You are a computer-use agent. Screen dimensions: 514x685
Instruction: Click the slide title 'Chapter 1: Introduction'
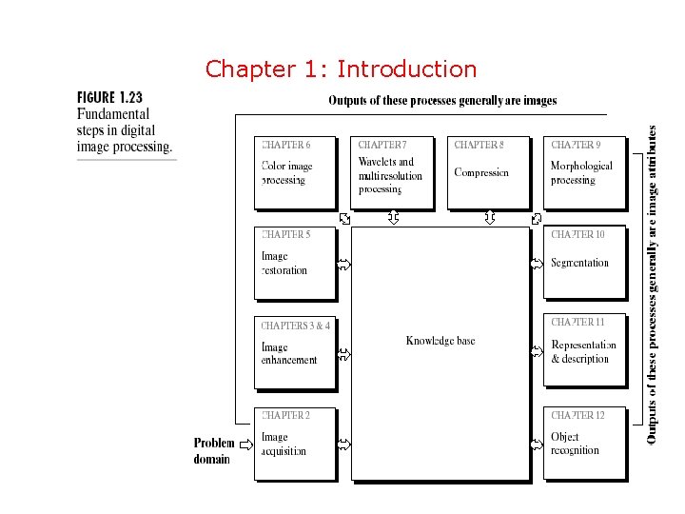click(341, 69)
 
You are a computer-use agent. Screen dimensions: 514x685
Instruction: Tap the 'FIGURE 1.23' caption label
click(109, 97)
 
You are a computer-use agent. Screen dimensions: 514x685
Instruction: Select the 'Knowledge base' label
click(440, 341)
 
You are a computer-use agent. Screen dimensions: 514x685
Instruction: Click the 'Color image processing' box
click(295, 172)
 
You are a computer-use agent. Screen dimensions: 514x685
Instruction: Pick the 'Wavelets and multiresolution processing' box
click(391, 172)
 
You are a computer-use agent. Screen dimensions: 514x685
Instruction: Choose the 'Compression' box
click(488, 172)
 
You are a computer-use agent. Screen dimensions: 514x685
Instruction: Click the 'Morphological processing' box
click(585, 172)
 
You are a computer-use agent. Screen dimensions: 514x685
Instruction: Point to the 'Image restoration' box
click(295, 263)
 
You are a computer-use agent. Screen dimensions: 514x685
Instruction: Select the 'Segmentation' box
click(585, 263)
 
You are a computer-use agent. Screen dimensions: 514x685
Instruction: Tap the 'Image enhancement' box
click(295, 352)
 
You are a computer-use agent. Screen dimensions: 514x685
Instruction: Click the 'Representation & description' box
click(585, 352)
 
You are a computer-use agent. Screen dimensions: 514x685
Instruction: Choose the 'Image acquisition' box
click(295, 443)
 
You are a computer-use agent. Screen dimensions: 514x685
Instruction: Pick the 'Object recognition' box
click(585, 443)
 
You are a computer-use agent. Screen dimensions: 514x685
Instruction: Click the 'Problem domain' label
click(213, 450)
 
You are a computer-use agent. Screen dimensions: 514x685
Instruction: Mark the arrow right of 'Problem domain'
click(245, 444)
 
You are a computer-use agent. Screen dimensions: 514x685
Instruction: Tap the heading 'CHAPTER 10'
click(577, 234)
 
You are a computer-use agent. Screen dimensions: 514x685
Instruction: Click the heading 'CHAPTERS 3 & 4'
click(296, 326)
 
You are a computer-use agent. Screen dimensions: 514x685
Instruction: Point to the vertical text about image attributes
click(653, 285)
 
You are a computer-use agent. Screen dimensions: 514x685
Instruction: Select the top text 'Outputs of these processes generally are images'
click(442, 100)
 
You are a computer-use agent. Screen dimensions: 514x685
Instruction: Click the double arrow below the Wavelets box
click(393, 218)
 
